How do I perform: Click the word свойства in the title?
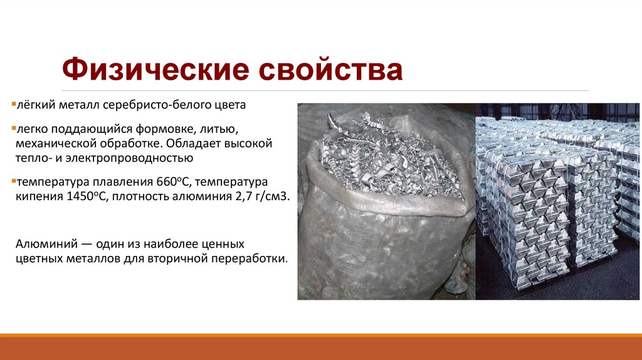pyautogui.click(x=332, y=69)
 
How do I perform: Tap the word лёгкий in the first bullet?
pyautogui.click(x=33, y=105)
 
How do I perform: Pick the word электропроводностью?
pyautogui.click(x=132, y=159)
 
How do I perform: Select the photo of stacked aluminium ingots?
pyautogui.click(x=557, y=201)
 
